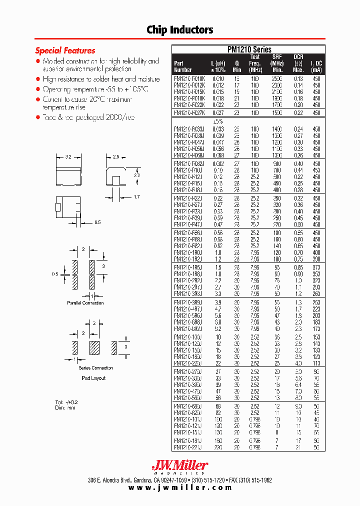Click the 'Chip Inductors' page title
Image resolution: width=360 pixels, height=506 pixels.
pos(180,30)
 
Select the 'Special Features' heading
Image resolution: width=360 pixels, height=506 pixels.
pos(65,50)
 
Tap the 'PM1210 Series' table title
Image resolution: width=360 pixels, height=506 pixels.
pos(248,49)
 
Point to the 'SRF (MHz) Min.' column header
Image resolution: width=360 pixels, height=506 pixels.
pos(277,63)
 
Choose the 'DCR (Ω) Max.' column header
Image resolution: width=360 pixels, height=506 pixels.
pos(298,63)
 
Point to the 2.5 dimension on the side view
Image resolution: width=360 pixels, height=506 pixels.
pos(115,156)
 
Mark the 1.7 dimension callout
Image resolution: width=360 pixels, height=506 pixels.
pos(136,197)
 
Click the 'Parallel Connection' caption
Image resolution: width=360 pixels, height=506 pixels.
pos(85,303)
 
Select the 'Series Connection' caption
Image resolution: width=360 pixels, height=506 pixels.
pos(96,368)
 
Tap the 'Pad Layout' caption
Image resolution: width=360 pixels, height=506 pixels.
pos(94,378)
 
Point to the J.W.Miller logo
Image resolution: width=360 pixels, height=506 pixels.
pos(179,467)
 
